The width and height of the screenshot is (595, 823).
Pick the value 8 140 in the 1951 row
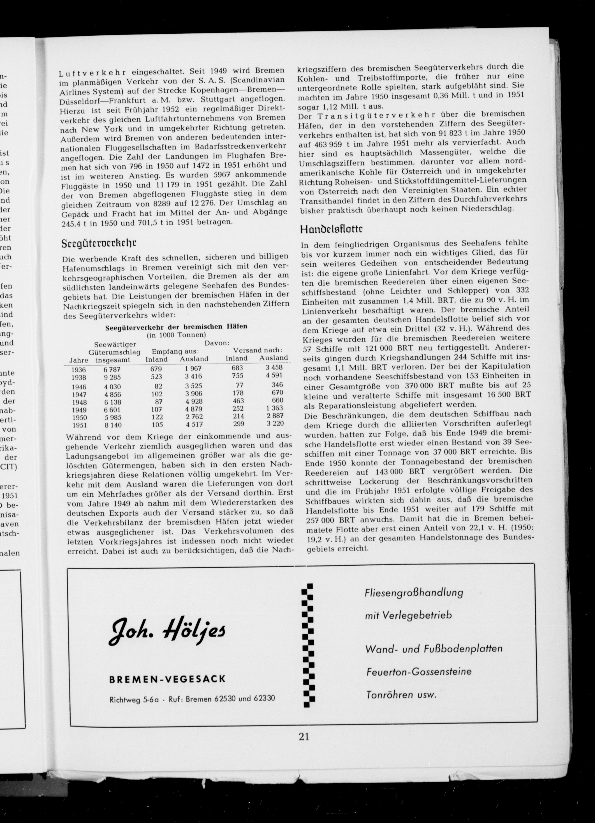pos(112,425)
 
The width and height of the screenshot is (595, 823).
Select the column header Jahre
pos(79,360)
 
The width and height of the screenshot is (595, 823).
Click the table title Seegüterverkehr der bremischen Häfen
pos(176,326)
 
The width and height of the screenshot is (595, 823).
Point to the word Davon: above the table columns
pos(217,343)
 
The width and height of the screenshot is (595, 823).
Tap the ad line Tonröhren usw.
pos(401,695)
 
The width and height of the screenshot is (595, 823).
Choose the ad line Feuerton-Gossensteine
pos(419,672)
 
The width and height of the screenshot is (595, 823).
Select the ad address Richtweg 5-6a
pos(134,699)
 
